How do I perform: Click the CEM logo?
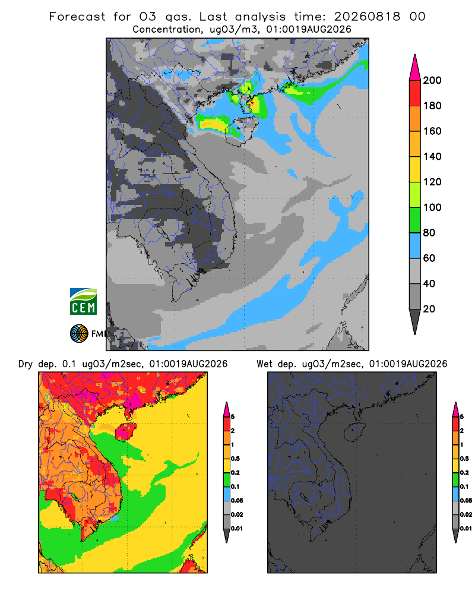point(83,302)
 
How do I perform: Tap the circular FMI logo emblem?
point(79,334)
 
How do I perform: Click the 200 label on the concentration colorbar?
point(432,80)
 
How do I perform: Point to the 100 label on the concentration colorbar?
point(432,207)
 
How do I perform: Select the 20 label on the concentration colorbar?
point(429,309)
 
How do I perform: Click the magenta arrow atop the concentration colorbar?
point(415,67)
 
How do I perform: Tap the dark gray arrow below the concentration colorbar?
point(415,321)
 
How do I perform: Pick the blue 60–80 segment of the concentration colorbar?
point(415,245)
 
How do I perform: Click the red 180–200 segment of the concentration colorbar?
point(415,93)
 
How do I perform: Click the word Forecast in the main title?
point(77,17)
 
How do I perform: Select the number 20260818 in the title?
point(367,17)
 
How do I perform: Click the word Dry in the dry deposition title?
point(26,364)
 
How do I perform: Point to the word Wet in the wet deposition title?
point(264,364)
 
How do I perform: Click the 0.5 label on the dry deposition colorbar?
point(235,459)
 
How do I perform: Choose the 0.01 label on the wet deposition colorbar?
point(466,529)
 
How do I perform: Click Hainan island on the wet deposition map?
point(354,431)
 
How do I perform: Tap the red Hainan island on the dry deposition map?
point(125,431)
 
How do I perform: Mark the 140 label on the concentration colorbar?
point(432,156)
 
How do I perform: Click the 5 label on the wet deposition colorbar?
point(462,417)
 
